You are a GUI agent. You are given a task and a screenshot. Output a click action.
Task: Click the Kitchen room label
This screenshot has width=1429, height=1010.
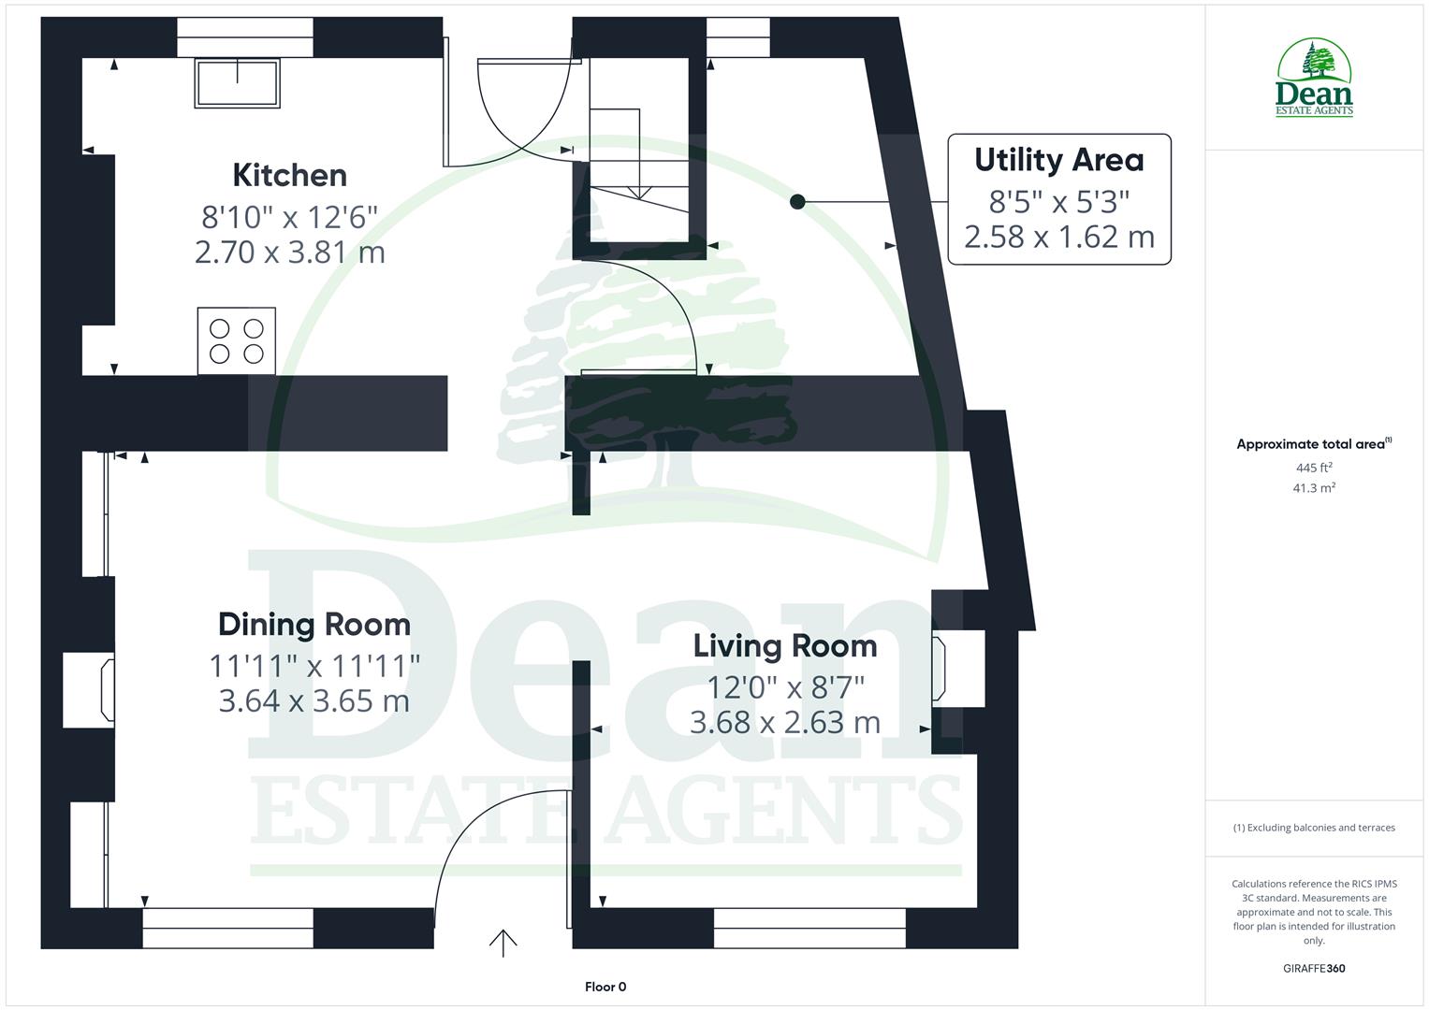click(289, 175)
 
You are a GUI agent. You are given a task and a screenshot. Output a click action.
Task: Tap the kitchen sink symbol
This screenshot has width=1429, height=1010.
click(237, 82)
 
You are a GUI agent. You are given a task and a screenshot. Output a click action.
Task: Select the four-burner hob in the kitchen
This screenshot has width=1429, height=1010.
click(237, 340)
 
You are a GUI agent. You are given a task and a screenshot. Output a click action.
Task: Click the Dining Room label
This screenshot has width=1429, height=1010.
click(314, 625)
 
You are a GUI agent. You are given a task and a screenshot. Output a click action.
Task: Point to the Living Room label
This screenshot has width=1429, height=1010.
click(784, 646)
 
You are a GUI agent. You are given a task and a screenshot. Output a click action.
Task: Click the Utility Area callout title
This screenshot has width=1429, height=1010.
click(1058, 160)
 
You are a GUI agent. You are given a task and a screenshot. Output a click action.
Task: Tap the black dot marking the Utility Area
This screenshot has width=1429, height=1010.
click(797, 201)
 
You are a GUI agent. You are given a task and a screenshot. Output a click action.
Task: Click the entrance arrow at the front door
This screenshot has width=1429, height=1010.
click(503, 943)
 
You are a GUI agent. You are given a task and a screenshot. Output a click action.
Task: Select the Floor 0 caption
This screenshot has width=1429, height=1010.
click(605, 987)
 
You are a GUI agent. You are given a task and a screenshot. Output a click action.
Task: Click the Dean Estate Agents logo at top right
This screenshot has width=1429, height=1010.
click(1314, 79)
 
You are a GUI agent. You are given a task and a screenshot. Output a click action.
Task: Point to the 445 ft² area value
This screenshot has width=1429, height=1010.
click(1314, 468)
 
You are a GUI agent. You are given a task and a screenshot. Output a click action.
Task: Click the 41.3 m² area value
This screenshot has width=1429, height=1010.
click(1314, 488)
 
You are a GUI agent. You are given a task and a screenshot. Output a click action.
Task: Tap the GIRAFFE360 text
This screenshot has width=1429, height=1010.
click(1314, 969)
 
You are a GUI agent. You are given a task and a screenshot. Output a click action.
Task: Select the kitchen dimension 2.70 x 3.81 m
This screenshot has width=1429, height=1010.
click(289, 252)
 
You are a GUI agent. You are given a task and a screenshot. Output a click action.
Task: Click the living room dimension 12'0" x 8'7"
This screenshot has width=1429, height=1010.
click(784, 687)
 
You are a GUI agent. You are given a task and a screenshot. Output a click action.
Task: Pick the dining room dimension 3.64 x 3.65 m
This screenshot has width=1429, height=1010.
click(314, 701)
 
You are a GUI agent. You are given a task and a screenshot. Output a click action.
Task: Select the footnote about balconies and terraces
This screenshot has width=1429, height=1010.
click(1314, 828)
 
